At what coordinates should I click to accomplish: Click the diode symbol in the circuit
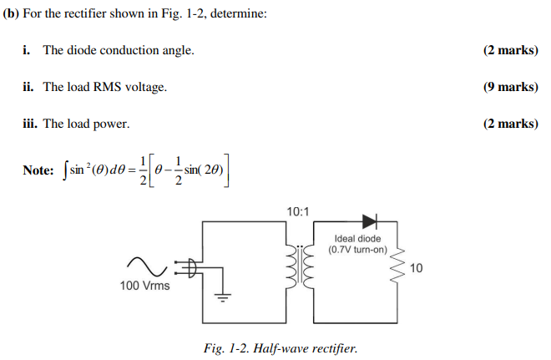(369, 221)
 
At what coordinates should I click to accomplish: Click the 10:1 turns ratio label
(297, 211)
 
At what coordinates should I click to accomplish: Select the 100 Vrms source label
(144, 286)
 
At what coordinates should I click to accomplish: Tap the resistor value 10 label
(417, 268)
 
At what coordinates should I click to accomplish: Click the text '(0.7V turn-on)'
(356, 250)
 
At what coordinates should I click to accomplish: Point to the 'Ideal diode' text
(356, 239)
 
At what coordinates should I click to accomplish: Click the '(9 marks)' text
(509, 87)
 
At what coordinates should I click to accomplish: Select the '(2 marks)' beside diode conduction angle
(509, 50)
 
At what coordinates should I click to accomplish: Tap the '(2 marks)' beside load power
(509, 124)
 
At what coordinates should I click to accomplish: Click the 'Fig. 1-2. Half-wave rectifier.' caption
(280, 347)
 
